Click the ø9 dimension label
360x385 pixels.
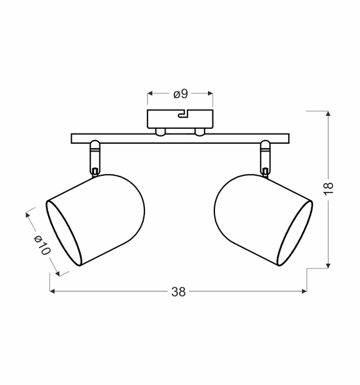[x=180, y=94]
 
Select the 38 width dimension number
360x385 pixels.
[x=178, y=292]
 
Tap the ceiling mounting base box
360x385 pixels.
[x=180, y=120]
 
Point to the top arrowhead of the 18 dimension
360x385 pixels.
[x=329, y=114]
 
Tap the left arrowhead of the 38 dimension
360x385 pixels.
[x=53, y=292]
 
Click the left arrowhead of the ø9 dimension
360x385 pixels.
[x=151, y=94]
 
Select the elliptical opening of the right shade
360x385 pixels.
[x=295, y=234]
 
